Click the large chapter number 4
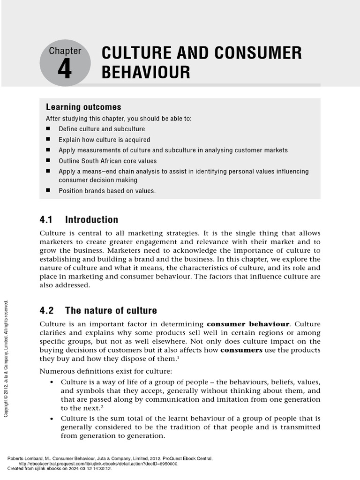pos(65,70)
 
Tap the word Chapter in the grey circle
pos(65,51)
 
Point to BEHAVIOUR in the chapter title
pos(146,73)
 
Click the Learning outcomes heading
pos(83,107)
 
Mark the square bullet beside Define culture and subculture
pos(48,129)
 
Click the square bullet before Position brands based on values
pos(48,191)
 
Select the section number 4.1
pos(47,219)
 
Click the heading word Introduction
pos(91,219)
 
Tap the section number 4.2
pos(47,310)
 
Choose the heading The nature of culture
pos(111,310)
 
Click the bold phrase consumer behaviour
pos(248,324)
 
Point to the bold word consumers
pos(241,350)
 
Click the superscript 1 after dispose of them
pos(178,358)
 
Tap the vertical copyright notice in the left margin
pos(6,359)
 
